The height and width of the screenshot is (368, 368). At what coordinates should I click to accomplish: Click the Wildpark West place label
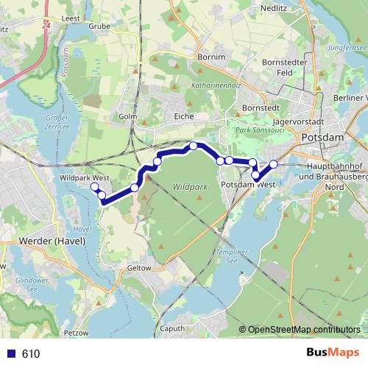(x=85, y=178)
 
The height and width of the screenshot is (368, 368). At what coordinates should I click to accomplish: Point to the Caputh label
(x=173, y=328)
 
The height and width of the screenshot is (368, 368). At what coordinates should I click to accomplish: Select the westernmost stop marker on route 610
(x=95, y=188)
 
